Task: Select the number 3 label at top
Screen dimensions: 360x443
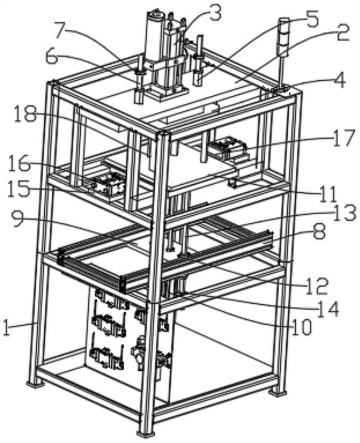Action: tap(215, 14)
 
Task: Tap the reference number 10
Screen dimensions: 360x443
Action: tap(301, 328)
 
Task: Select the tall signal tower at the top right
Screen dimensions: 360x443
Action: tap(284, 54)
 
